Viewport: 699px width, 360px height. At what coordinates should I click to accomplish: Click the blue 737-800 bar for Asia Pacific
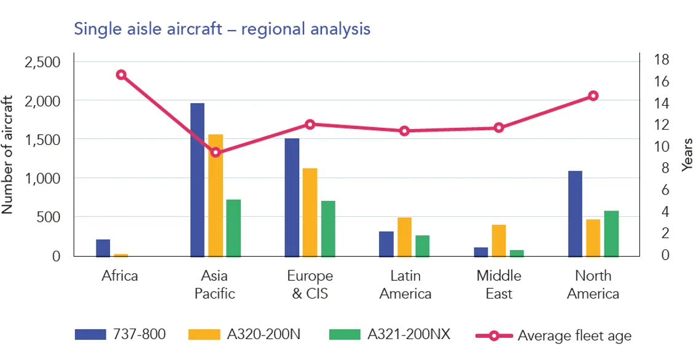click(x=197, y=179)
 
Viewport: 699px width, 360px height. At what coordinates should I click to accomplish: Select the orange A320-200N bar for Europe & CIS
click(x=310, y=212)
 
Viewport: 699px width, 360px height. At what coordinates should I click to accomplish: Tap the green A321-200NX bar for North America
click(x=611, y=233)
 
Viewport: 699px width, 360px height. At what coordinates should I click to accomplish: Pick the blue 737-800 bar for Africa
click(x=103, y=248)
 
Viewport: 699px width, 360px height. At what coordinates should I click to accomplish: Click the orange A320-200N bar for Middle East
click(x=499, y=240)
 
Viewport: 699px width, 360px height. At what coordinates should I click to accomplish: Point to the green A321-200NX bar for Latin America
click(x=423, y=246)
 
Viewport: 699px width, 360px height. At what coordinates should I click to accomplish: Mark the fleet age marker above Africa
click(x=121, y=75)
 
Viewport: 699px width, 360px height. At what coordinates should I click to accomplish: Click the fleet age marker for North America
click(x=593, y=96)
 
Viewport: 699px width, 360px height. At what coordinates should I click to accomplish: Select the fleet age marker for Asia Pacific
click(x=215, y=152)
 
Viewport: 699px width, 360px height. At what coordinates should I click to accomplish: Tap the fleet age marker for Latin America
click(x=404, y=131)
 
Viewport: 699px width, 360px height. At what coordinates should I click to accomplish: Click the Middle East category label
click(x=499, y=284)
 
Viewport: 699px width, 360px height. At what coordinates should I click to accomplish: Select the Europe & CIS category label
click(x=310, y=284)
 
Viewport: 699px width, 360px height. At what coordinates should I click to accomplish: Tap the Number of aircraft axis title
click(x=8, y=154)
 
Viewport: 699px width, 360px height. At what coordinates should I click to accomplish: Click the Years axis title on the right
click(x=688, y=155)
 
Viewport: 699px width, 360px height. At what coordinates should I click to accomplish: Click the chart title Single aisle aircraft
click(x=222, y=28)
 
